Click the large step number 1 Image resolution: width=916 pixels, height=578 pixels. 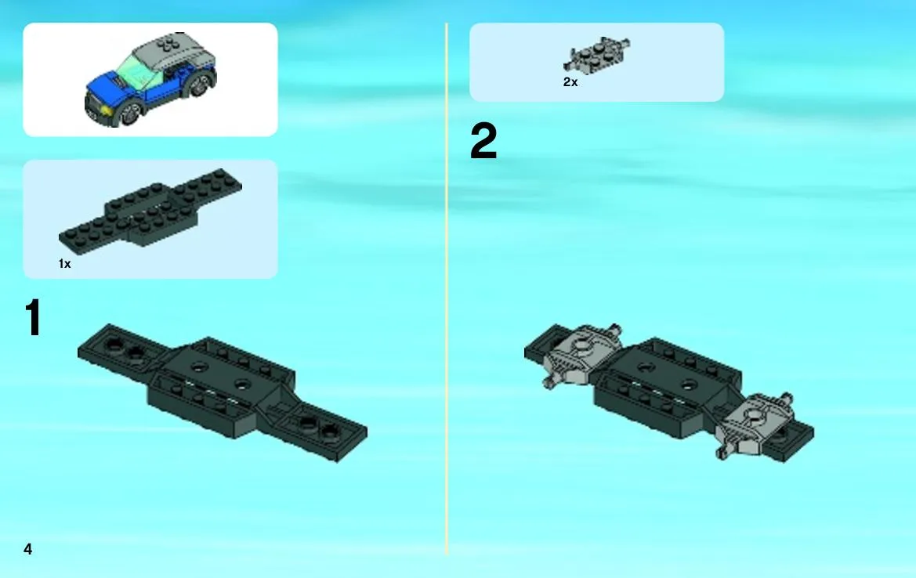coord(33,317)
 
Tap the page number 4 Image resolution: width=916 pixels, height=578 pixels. coord(27,549)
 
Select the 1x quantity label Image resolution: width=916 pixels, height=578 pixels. coord(64,264)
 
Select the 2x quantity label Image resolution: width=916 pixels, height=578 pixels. coord(570,82)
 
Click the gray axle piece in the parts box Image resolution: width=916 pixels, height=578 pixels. coord(596,55)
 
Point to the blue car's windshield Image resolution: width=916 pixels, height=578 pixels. coord(135,72)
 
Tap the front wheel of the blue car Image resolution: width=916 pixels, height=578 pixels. coord(130,113)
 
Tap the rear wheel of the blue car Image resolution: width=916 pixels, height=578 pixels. coord(200,85)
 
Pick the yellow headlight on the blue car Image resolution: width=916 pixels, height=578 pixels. coord(106,110)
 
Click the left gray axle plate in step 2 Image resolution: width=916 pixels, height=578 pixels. coord(580,355)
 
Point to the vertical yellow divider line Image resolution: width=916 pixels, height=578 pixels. coord(447,289)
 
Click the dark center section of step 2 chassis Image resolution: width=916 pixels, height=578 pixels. coord(666,385)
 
